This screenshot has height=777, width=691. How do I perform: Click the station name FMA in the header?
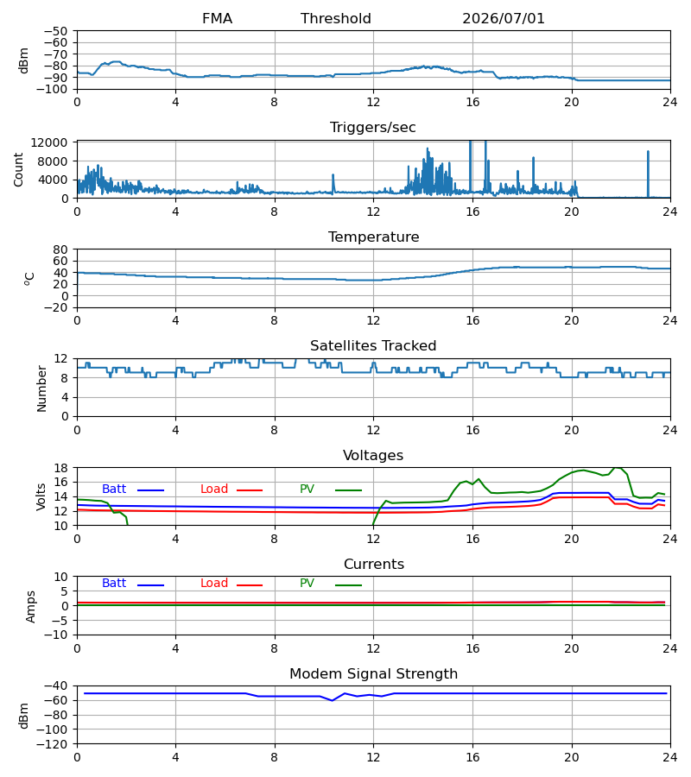click(x=217, y=19)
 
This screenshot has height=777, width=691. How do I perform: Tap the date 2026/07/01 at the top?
click(x=503, y=19)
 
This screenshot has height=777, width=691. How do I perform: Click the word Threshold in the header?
click(x=336, y=19)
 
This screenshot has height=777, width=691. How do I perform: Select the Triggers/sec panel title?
click(x=373, y=128)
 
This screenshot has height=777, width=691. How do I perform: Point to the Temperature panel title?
click(x=373, y=237)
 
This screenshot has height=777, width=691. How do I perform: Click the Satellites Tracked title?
click(x=373, y=346)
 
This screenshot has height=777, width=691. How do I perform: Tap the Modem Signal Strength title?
click(x=373, y=674)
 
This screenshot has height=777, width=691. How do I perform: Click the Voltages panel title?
click(x=373, y=455)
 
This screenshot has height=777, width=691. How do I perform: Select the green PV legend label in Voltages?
click(x=307, y=490)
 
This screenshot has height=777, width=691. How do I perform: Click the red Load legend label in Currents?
click(x=214, y=584)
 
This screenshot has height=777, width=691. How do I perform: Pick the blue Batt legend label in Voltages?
click(x=114, y=490)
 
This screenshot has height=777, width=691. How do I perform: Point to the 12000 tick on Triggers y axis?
click(x=49, y=142)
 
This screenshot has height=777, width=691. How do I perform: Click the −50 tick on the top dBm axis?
click(x=55, y=31)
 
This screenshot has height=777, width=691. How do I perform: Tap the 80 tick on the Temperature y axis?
click(x=60, y=250)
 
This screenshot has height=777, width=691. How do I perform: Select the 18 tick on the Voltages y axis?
click(x=60, y=468)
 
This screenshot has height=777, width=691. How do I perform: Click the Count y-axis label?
click(x=18, y=169)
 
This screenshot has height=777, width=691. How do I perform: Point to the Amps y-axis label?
click(x=31, y=606)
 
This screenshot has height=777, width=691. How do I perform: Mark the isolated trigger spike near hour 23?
click(x=648, y=174)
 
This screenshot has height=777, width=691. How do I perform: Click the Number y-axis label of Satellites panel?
click(x=41, y=388)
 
